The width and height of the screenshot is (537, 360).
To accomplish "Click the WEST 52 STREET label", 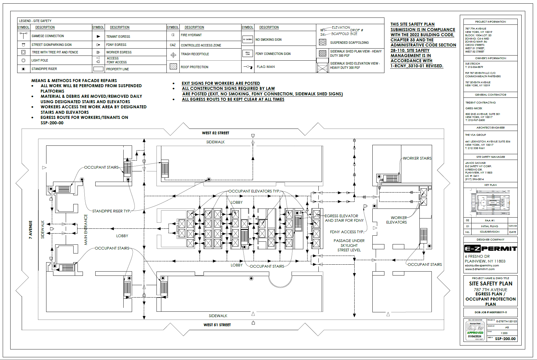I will coord(215,133).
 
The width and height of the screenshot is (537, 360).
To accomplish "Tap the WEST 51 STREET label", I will coord(217,325).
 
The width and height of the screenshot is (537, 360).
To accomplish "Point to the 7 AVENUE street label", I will coord(30,230).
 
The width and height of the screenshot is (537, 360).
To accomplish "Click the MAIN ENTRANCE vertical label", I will coord(86,229).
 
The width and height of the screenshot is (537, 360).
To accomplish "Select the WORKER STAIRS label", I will coord(417,158).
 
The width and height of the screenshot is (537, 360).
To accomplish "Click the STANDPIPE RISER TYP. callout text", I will coord(111,211).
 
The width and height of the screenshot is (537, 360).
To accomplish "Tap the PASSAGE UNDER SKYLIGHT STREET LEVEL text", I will coord(349,245).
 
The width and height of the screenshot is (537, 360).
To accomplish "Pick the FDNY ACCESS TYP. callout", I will coord(347,232).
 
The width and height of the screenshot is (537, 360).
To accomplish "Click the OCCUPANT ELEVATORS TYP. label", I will coord(254,191).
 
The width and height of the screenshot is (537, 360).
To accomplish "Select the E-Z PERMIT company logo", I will coord(490,249).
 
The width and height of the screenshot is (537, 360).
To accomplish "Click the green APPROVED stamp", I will coord(475,333).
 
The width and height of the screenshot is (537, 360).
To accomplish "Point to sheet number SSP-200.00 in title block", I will coord(505,339).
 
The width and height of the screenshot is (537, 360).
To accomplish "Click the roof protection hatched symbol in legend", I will coord(173,66).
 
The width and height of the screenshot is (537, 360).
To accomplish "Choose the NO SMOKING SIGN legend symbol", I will coord(248,40).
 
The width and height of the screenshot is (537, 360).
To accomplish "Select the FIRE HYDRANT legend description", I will coord(191,35).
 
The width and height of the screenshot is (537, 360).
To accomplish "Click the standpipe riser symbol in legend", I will coord(24,69).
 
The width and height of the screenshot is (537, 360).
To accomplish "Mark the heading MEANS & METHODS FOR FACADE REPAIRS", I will coord(74,81).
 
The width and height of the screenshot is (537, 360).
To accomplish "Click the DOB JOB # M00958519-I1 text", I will coord(491,312).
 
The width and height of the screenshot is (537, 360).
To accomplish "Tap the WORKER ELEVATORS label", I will coord(397,220).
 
